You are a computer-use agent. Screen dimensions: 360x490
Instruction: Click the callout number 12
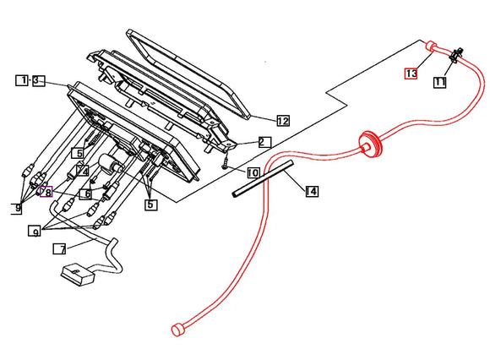click(x=283, y=121)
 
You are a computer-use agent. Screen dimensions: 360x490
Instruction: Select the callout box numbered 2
click(x=264, y=142)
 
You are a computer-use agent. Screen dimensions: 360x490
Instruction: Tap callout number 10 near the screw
click(x=253, y=172)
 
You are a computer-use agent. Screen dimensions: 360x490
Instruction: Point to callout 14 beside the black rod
click(x=312, y=192)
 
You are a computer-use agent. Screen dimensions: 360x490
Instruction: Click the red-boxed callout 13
click(x=411, y=74)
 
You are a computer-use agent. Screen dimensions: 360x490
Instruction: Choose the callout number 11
click(x=440, y=82)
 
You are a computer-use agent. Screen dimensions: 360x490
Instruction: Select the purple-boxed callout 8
click(x=46, y=192)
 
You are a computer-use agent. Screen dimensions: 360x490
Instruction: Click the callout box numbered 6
click(x=85, y=194)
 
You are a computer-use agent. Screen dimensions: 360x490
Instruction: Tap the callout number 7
click(x=58, y=249)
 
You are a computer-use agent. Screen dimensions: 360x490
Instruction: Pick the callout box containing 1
click(x=22, y=80)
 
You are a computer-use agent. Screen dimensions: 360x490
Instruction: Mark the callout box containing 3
click(x=36, y=80)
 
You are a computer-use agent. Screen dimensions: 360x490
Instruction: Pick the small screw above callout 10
click(x=226, y=165)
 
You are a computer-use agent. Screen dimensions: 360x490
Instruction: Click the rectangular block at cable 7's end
click(x=75, y=275)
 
